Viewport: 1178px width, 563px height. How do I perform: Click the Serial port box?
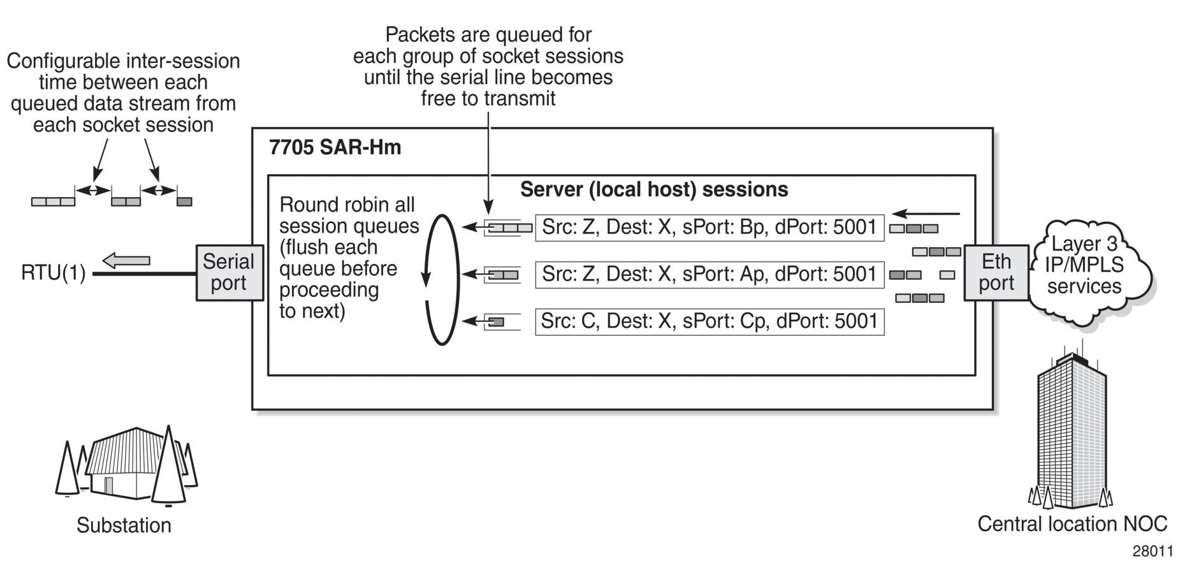coord(229,272)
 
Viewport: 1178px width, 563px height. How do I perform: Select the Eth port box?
coord(996,272)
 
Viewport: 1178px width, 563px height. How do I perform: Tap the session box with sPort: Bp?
coord(709,228)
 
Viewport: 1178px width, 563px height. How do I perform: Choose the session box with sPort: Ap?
coord(709,275)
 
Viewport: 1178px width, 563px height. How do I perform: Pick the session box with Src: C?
coord(709,321)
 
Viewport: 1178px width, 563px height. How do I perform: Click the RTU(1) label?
coord(53,274)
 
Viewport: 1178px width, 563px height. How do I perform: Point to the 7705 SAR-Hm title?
coord(335,147)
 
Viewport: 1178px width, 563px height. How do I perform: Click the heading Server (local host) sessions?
coord(654,189)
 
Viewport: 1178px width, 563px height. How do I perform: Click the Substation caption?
coord(124,525)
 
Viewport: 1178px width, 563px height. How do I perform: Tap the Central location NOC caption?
coord(1072,524)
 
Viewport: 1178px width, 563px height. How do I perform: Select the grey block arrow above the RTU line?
coord(126,260)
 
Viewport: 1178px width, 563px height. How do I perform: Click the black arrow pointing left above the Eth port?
coord(926,214)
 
